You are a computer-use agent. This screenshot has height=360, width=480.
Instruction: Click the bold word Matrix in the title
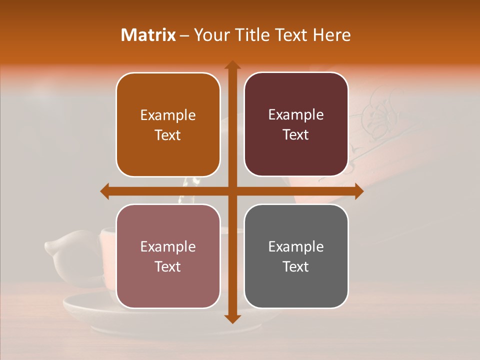pos(148,35)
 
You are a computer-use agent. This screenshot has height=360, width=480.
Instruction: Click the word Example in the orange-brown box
pos(168,115)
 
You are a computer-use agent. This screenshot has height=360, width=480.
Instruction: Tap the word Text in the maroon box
pos(296,135)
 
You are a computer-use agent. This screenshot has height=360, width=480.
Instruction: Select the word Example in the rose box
pos(168,247)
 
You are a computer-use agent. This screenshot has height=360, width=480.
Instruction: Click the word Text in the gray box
pos(296,267)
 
